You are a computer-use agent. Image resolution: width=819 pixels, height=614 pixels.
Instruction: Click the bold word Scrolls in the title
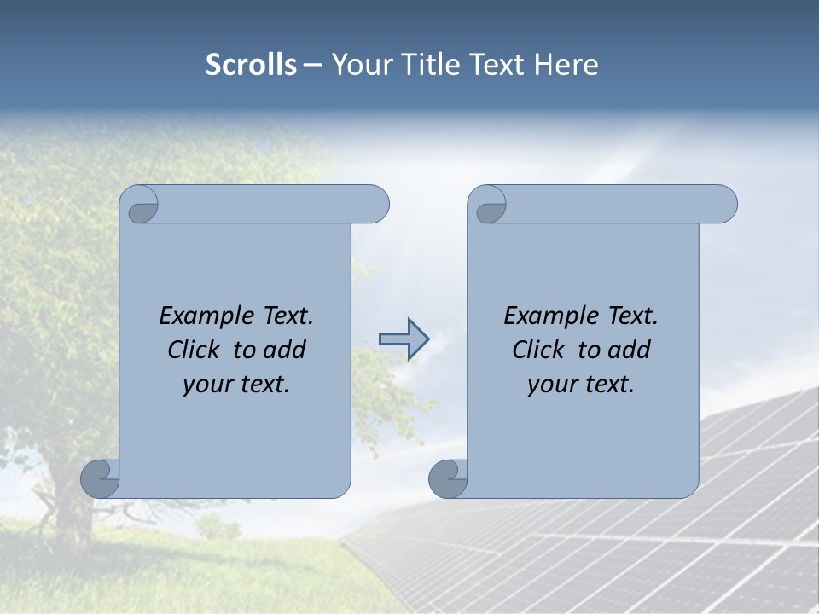252,65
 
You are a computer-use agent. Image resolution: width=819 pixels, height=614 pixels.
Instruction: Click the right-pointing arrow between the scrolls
404,339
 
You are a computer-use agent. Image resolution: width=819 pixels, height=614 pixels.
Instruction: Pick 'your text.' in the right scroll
581,385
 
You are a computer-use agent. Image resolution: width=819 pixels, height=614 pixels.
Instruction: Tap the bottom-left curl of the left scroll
100,478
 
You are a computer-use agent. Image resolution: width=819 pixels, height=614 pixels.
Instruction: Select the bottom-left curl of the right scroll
448,478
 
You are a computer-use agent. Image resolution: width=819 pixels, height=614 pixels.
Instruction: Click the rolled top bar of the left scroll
273,204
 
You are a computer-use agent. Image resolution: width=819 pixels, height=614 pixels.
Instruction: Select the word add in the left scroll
285,350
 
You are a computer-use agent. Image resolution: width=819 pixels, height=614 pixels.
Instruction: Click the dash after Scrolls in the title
313,65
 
